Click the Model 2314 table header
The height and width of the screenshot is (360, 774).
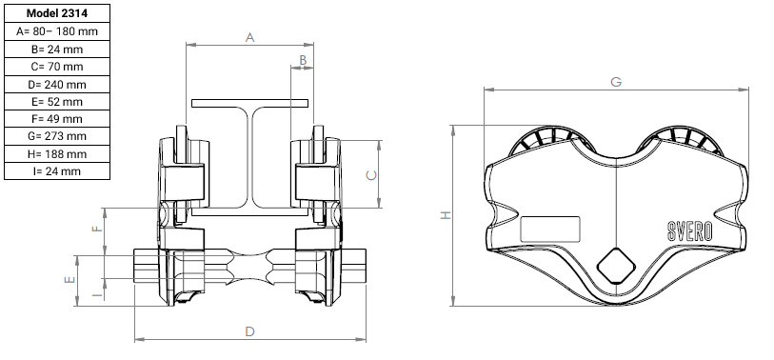[57, 13]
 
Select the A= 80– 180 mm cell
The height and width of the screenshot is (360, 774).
[57, 31]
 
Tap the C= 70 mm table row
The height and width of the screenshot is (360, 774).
[57, 67]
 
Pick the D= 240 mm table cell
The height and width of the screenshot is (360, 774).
[57, 85]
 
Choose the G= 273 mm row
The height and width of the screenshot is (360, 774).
[57, 136]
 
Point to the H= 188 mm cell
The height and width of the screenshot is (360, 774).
[57, 154]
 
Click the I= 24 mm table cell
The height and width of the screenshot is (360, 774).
[57, 171]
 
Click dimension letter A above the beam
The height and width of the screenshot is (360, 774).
[249, 37]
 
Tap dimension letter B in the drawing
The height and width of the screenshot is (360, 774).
[303, 60]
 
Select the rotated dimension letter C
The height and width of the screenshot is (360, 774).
[372, 175]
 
